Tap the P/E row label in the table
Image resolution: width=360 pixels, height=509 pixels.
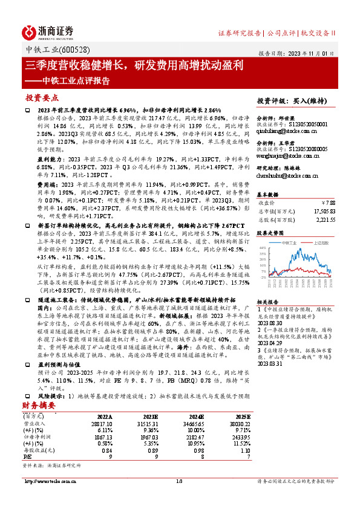click(x=28, y=457)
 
